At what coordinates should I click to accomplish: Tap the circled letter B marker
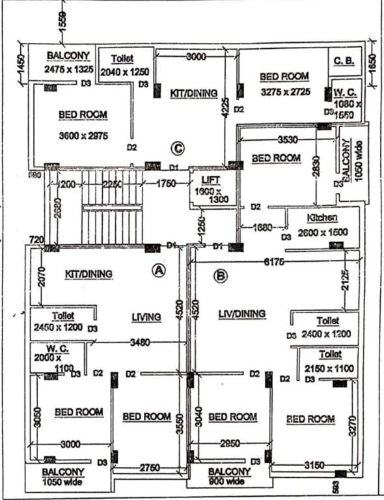221,276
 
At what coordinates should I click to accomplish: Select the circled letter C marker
176,148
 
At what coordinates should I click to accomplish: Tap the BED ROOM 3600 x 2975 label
83,125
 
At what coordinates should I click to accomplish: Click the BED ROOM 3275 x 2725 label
284,83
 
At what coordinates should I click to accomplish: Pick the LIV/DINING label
242,314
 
